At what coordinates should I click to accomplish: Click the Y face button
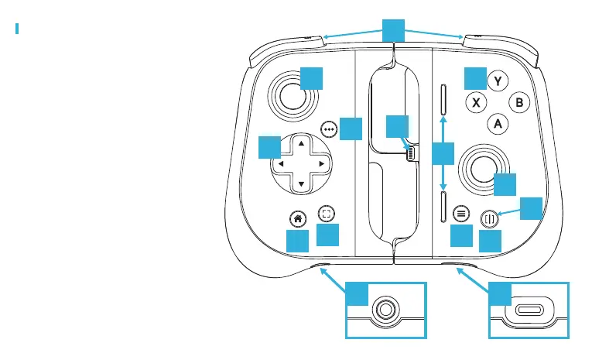(498, 81)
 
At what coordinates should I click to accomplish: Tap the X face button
(476, 102)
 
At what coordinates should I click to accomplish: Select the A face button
(498, 123)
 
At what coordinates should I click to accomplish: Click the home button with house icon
(296, 218)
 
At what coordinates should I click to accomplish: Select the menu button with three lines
(461, 212)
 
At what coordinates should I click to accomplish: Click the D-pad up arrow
(302, 142)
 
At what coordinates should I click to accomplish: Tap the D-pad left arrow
(281, 164)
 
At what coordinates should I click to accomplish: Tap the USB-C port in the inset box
(529, 310)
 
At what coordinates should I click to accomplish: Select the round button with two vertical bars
(489, 218)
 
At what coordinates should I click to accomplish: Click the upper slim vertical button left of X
(443, 99)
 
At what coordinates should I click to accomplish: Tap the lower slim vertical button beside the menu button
(443, 207)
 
